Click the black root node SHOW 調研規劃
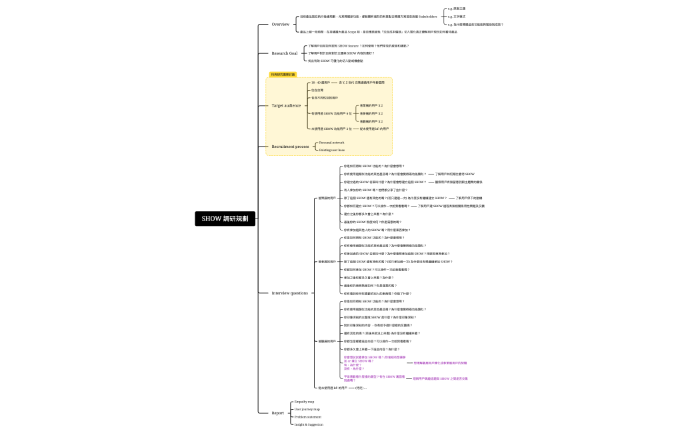[225, 218]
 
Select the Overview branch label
[280, 25]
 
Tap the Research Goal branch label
[285, 53]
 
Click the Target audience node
[286, 105]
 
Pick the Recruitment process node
[290, 147]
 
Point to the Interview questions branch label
[290, 293]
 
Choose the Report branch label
[277, 413]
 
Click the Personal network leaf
[331, 143]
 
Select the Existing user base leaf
[332, 150]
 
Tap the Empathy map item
[304, 402]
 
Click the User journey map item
[307, 409]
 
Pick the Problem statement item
[307, 417]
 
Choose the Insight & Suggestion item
[309, 424]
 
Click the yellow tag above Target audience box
[283, 75]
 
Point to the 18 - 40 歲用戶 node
[321, 83]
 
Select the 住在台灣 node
[317, 90]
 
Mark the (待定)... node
[361, 387]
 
